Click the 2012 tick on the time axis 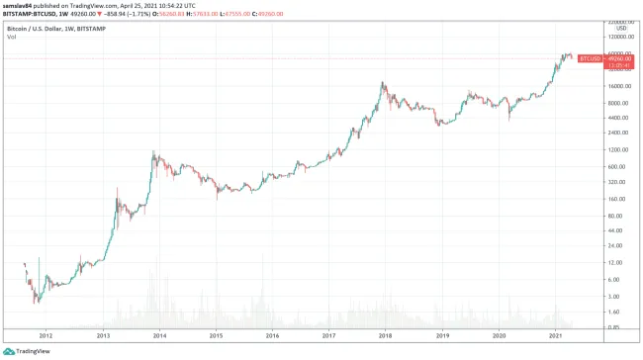point(46,335)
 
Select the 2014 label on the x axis point(159,335)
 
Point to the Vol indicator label point(11,37)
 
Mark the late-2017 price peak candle point(384,84)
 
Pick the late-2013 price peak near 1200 point(153,153)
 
